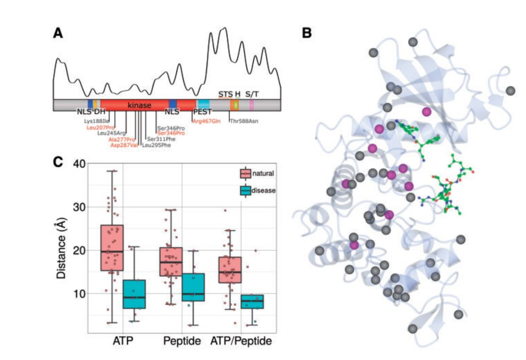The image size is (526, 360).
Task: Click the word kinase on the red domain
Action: pyautogui.click(x=139, y=105)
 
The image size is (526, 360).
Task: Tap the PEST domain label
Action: pyautogui.click(x=203, y=112)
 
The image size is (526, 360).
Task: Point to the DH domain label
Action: pyautogui.click(x=100, y=112)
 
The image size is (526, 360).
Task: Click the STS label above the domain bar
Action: pyautogui.click(x=225, y=94)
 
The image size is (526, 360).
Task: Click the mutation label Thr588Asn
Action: pyautogui.click(x=244, y=120)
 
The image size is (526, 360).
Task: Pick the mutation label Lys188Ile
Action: pyautogui.click(x=97, y=120)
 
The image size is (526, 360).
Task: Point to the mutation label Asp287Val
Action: pyautogui.click(x=124, y=145)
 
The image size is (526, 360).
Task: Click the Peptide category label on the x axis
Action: pyautogui.click(x=182, y=341)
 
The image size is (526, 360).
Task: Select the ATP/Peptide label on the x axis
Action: pyautogui.click(x=241, y=341)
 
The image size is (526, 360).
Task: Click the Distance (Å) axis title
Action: pyautogui.click(x=61, y=248)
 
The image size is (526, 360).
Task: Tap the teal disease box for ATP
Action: pyautogui.click(x=133, y=294)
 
